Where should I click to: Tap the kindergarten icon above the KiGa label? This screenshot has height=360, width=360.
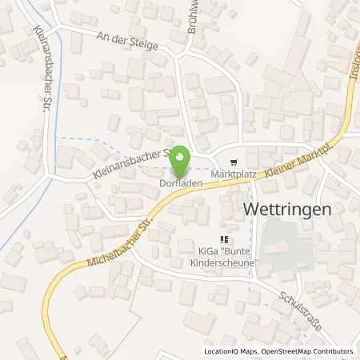click(226, 238)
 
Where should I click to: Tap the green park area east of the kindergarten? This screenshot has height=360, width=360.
click(286, 243)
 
